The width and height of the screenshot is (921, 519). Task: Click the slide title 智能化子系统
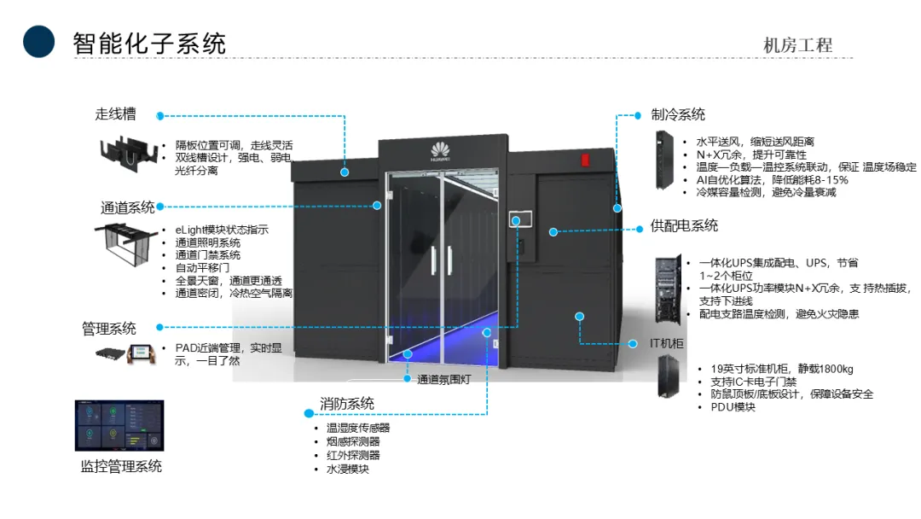pyautogui.click(x=150, y=43)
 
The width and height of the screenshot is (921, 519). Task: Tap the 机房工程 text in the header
pyautogui.click(x=797, y=45)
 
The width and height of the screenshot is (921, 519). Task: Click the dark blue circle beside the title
pyautogui.click(x=39, y=41)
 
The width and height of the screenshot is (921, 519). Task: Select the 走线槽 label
pyautogui.click(x=115, y=114)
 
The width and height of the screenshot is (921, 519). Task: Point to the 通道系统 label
pyautogui.click(x=128, y=207)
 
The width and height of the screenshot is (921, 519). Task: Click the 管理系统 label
pyautogui.click(x=108, y=328)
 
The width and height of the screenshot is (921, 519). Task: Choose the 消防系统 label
pyautogui.click(x=347, y=403)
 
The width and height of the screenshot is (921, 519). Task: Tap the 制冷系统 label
pyautogui.click(x=678, y=114)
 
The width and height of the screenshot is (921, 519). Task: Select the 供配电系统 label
pyautogui.click(x=684, y=225)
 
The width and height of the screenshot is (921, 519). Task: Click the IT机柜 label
pyautogui.click(x=667, y=343)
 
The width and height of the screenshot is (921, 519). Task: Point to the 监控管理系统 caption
pyautogui.click(x=121, y=466)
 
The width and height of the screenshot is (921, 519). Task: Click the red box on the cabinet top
pyautogui.click(x=585, y=159)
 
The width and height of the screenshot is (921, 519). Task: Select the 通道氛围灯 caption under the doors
pyautogui.click(x=443, y=379)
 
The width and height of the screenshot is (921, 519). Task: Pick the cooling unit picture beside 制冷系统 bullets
pyautogui.click(x=662, y=159)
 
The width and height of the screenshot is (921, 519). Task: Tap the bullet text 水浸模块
pyautogui.click(x=348, y=469)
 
